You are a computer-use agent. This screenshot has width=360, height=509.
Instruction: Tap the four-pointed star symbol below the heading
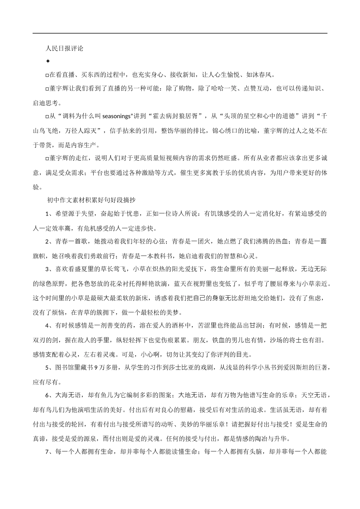pos(48,61)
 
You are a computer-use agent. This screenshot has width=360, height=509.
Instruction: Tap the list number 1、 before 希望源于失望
pos(49,214)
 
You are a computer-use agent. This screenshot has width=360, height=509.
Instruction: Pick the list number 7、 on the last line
pos(49,451)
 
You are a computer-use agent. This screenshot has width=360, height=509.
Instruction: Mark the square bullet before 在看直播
pos(47,75)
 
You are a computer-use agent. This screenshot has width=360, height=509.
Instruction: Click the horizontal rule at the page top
pos(180,33)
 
